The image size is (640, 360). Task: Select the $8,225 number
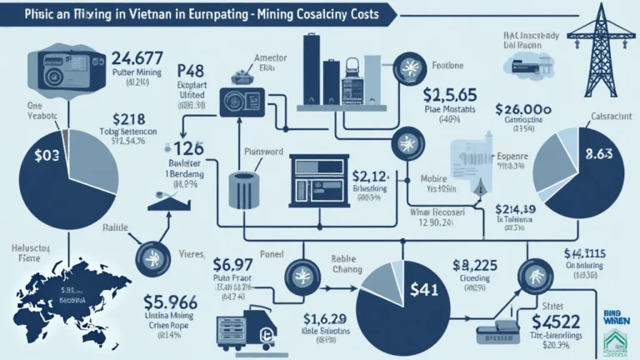coord(473,265)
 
